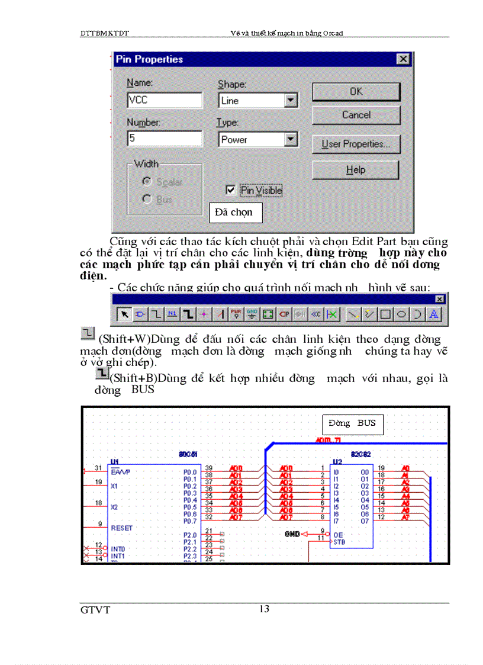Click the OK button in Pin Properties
356,92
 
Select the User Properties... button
356,144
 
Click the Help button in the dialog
356,170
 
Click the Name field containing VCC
165,100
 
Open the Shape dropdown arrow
290,101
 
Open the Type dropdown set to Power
290,140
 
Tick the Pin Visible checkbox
231,190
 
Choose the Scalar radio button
147,182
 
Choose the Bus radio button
147,200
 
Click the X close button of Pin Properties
402,59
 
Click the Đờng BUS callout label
352,423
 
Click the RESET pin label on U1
122,528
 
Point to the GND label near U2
292,534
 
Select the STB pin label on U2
339,541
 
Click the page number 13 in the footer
265,609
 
